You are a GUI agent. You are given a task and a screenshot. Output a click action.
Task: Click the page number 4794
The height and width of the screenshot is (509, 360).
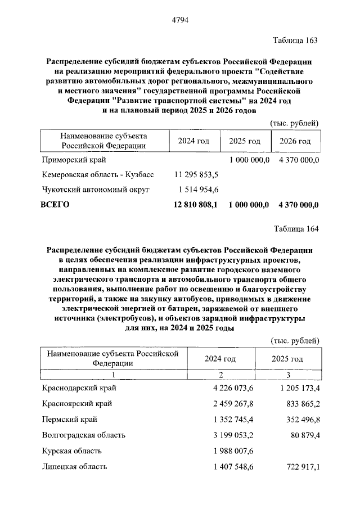(179, 21)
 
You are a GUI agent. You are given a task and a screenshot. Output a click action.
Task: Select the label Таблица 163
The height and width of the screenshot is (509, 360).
(296, 40)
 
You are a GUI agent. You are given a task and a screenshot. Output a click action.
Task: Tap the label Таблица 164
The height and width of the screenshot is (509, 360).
(296, 228)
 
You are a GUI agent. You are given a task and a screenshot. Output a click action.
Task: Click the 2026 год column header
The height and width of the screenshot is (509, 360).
(295, 141)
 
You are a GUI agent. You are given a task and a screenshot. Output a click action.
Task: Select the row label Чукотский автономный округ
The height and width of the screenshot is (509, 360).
(96, 190)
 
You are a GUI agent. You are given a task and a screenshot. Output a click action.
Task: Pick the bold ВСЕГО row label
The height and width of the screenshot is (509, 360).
(56, 205)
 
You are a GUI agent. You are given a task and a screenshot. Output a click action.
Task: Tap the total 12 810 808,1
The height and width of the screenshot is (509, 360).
(196, 205)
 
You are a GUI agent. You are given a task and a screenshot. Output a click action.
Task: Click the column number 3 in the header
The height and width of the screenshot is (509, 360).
(287, 375)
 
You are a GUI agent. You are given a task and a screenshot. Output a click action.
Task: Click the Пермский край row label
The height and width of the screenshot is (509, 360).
(69, 420)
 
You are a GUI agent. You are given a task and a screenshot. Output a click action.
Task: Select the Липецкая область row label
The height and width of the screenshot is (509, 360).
(74, 466)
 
